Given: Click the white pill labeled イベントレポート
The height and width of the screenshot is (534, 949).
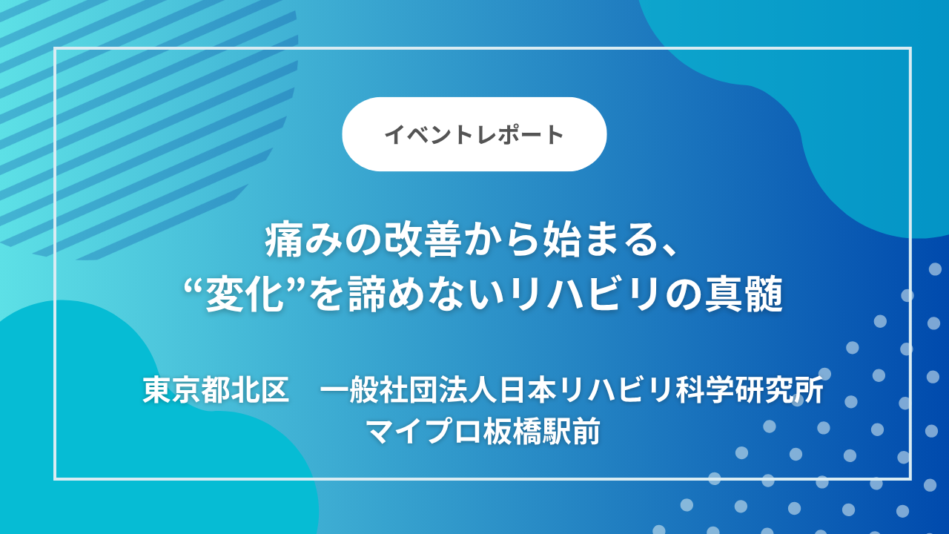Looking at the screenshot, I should [474, 134].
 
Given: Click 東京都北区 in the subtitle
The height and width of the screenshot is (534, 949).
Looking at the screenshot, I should [216, 391].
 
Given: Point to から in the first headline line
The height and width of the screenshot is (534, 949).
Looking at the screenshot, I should [506, 243].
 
